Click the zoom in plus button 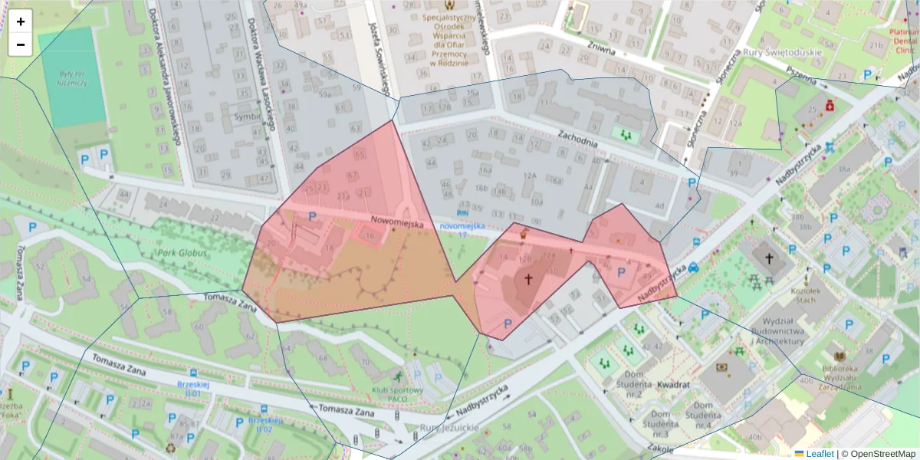(21, 21)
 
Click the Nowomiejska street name (396, 222)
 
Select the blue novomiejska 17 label (462, 230)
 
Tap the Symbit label (248, 116)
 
